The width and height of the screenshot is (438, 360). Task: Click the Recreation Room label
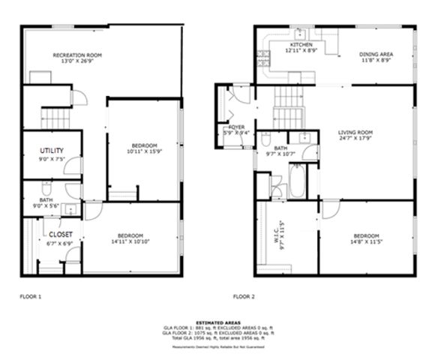click(x=77, y=55)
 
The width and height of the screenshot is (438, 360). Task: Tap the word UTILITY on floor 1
click(x=52, y=151)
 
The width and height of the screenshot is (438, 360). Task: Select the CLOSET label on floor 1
click(x=51, y=233)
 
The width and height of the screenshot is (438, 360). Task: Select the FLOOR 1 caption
click(x=30, y=297)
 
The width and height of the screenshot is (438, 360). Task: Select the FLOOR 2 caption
click(x=244, y=297)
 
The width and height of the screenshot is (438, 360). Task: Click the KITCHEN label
click(x=301, y=45)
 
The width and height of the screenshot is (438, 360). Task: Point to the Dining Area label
click(x=376, y=53)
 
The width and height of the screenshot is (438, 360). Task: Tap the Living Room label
click(x=355, y=132)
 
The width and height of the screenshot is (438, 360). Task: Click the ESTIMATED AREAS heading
click(x=218, y=322)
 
